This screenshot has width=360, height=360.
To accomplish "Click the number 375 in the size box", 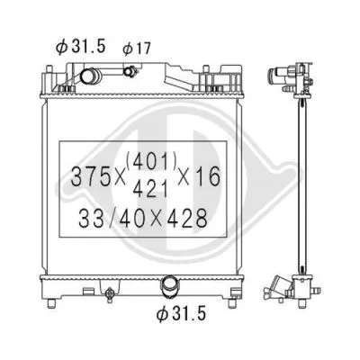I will click(89, 178).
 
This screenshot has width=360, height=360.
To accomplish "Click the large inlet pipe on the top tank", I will click(91, 80).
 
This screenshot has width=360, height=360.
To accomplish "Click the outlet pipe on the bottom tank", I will click(168, 287).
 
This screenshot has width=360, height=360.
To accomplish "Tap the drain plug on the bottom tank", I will click(109, 292).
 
